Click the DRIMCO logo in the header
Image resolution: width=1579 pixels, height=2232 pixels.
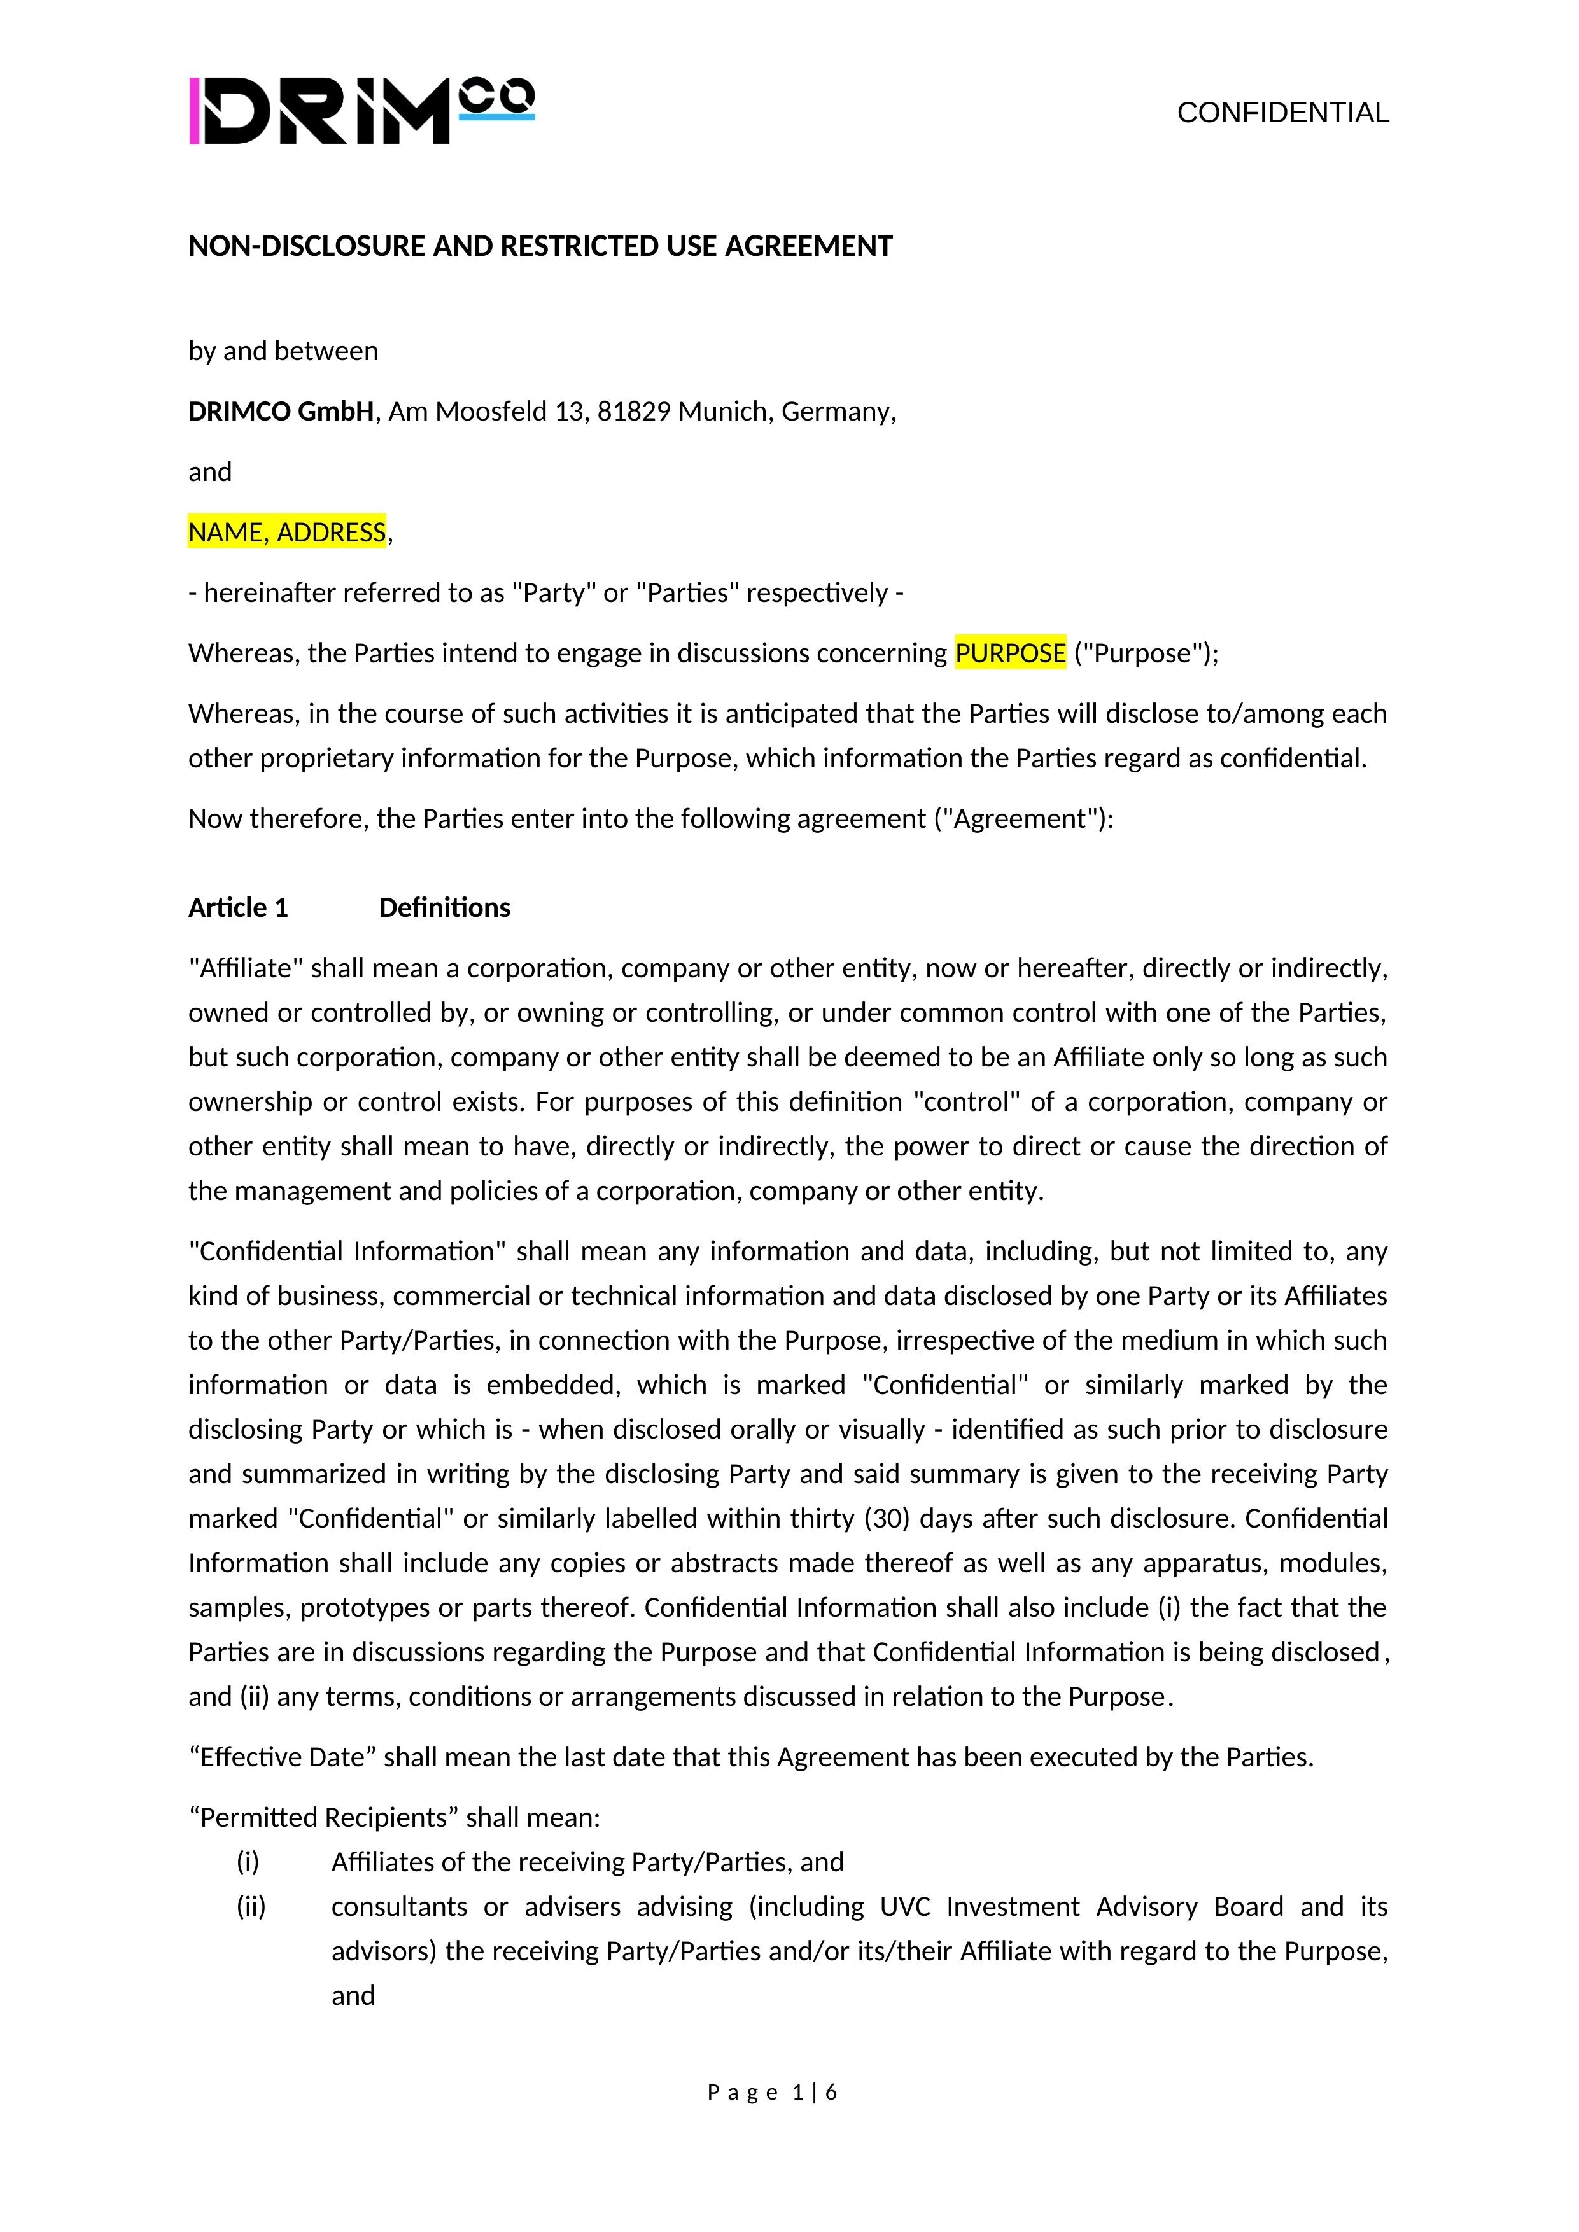pos(361,111)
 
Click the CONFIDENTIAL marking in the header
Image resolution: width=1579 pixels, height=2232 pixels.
pos(1282,113)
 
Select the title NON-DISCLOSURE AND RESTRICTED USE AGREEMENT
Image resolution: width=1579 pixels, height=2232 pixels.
pos(540,246)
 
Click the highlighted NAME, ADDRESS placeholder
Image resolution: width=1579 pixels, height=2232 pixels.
pos(287,532)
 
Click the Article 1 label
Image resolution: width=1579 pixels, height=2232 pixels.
pos(238,907)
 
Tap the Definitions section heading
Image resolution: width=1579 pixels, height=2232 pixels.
pos(444,907)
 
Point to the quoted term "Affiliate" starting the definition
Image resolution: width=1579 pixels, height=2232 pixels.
pos(246,968)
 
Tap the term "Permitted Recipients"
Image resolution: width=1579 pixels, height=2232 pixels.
pos(323,1817)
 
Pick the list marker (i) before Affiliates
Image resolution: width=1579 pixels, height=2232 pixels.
pos(248,1862)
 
